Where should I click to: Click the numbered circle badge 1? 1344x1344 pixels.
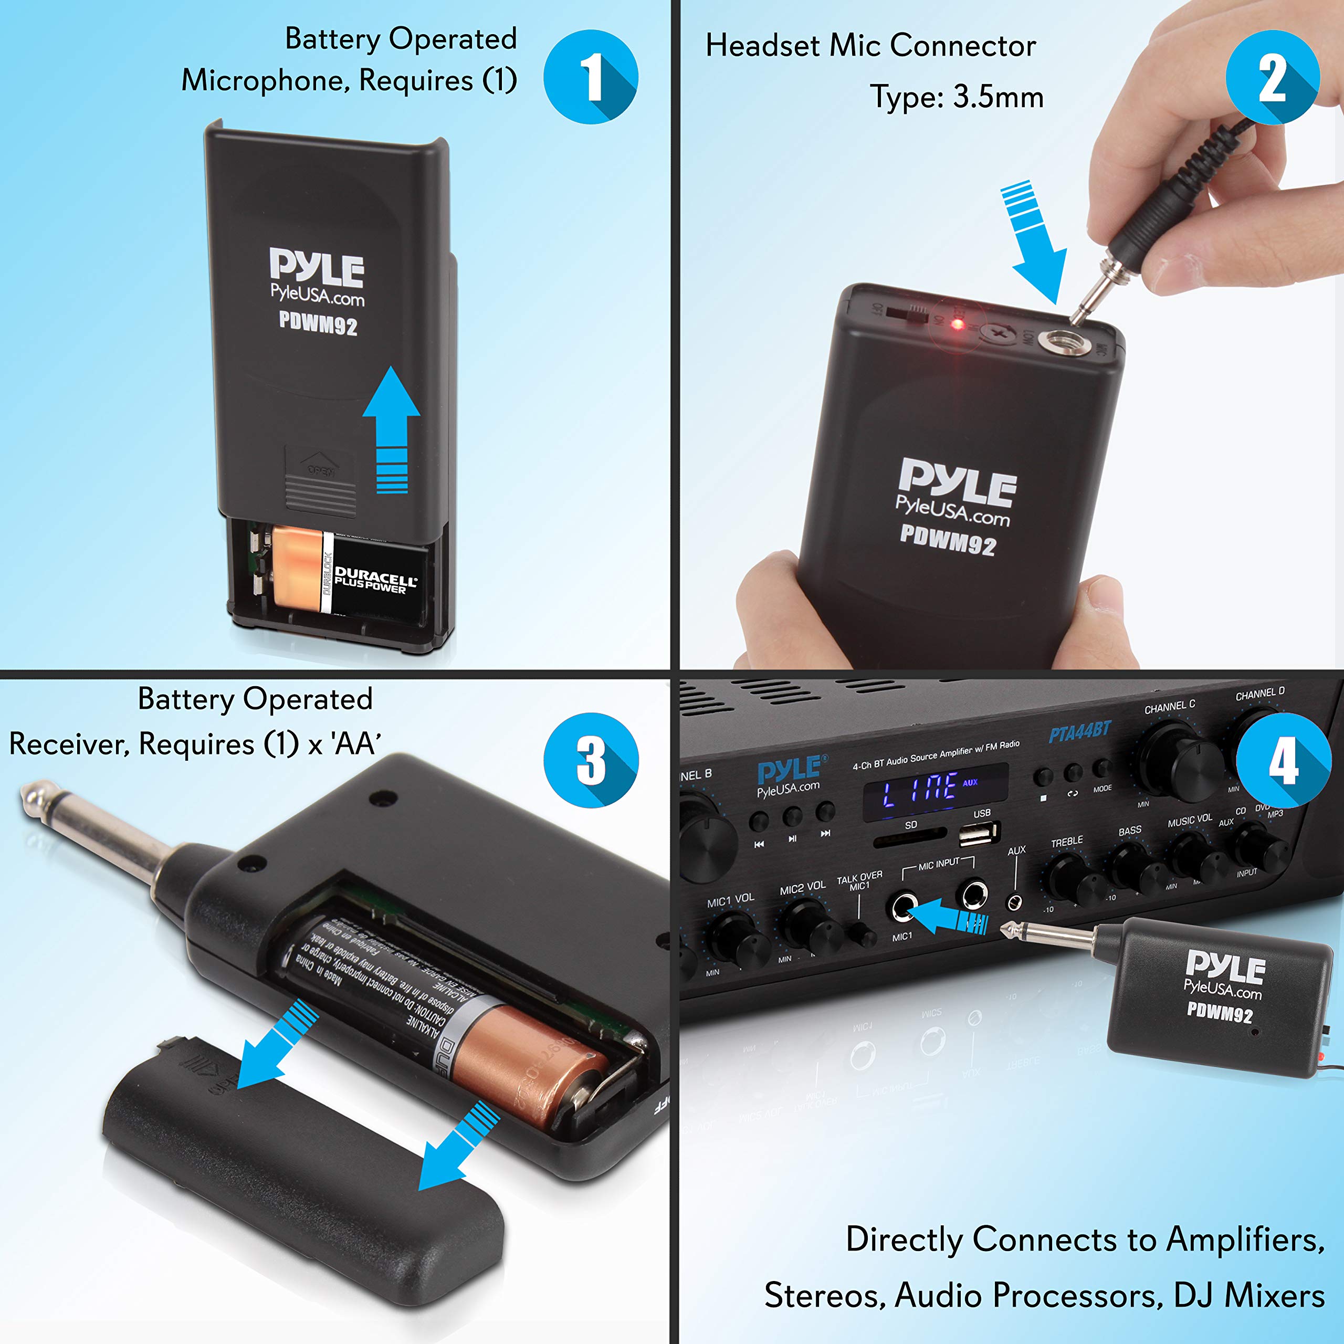tap(591, 77)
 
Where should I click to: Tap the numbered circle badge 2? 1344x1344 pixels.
tap(1273, 77)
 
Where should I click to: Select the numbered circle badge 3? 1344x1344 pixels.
tap(591, 760)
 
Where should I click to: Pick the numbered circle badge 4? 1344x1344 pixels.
tap(1284, 760)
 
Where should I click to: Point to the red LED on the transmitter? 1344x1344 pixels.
tap(957, 324)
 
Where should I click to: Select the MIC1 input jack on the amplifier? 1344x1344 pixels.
tap(903, 907)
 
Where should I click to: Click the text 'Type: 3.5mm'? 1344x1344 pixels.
tap(957, 97)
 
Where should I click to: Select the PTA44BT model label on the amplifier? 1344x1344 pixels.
tap(1079, 732)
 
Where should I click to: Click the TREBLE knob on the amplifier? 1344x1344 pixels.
tap(1067, 878)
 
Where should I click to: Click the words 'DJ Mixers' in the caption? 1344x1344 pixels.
tap(1248, 1295)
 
